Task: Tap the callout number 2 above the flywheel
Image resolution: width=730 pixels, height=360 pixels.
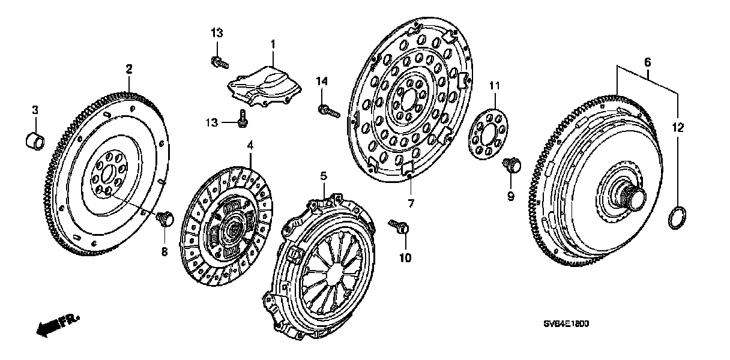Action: (x=128, y=69)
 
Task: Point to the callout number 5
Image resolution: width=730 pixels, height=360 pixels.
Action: (x=323, y=176)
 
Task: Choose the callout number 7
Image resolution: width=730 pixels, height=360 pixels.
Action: (x=411, y=204)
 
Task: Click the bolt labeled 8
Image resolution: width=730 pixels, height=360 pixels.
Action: (x=164, y=218)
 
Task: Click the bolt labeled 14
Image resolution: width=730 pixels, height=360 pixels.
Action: (x=327, y=110)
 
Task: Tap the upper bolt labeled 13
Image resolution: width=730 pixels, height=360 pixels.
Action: (x=219, y=60)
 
